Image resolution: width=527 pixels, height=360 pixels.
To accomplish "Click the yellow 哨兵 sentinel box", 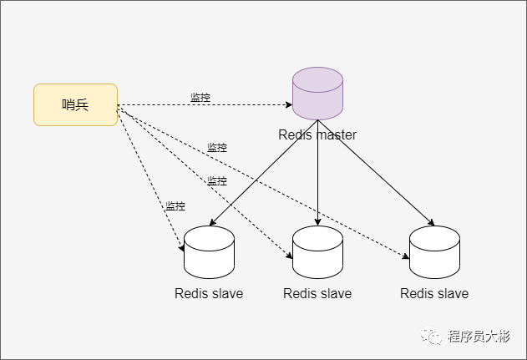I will coord(75,104).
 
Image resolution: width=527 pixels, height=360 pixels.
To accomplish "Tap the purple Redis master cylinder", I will coord(317,94).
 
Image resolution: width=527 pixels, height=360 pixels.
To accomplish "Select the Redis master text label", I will coord(317,134).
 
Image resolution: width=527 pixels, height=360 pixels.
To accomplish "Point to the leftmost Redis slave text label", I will coord(209,293).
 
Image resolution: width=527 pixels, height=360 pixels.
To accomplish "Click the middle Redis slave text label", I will coord(317,293).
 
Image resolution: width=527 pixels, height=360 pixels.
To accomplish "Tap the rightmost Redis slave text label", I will coord(434,293).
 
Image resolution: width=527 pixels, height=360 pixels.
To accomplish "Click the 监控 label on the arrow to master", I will coord(200,98).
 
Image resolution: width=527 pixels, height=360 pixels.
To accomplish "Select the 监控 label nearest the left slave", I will coord(175,206).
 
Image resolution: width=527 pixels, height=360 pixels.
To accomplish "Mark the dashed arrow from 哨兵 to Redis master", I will coord(242,105).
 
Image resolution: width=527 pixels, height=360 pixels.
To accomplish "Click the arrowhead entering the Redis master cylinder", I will coord(288,106).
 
